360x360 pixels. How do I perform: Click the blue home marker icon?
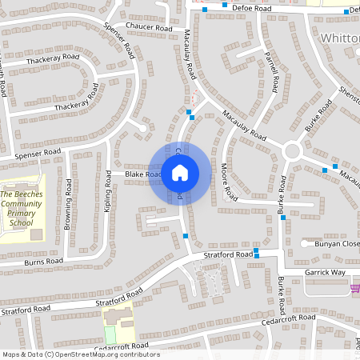(179, 173)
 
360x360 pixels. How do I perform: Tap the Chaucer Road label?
(149, 27)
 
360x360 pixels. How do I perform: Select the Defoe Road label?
(247, 8)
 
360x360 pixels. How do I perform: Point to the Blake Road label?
(142, 174)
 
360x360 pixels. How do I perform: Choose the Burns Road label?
(43, 261)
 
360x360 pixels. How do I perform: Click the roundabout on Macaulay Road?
(291, 150)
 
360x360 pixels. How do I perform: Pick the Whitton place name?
(339, 38)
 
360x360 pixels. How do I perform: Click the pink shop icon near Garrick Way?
(354, 289)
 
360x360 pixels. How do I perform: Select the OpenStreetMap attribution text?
(80, 354)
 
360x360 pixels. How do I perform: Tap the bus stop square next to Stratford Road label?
(258, 254)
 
